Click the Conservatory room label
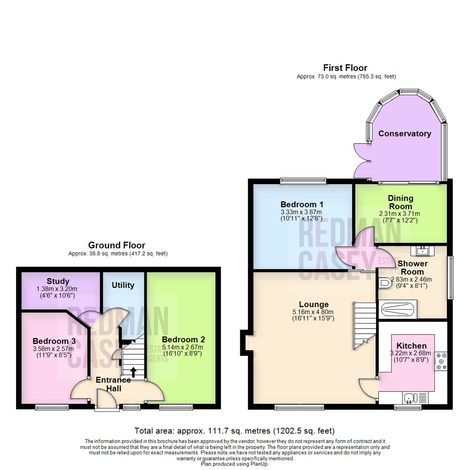(x=405, y=134)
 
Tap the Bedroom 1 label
(x=302, y=205)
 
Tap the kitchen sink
(x=411, y=397)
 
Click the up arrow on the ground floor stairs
(x=133, y=371)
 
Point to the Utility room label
(x=123, y=285)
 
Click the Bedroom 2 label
(x=183, y=339)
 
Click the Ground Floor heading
(x=117, y=245)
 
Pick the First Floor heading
(x=345, y=68)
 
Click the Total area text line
(x=235, y=431)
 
